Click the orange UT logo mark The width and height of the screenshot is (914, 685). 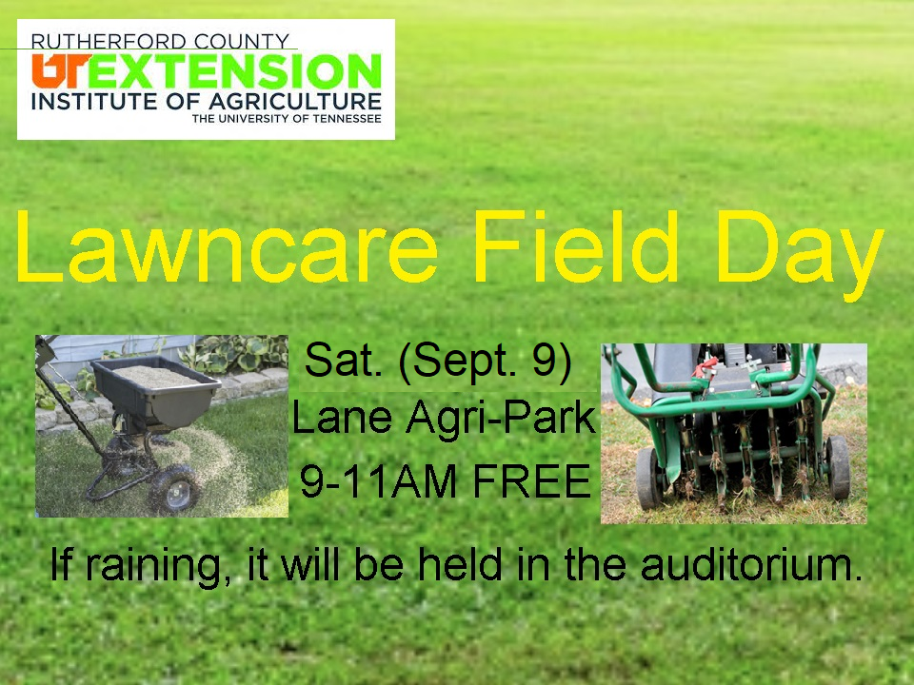(61, 69)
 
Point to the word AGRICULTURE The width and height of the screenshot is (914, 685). (295, 102)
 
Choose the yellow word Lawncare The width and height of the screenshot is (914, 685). (227, 246)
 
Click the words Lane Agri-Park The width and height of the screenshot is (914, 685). (444, 419)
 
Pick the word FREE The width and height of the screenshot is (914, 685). (531, 481)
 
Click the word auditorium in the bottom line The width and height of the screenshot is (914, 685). (751, 564)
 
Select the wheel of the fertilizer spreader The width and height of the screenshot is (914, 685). (174, 489)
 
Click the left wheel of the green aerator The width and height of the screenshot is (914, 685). (648, 479)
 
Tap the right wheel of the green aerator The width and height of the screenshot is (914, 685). (838, 467)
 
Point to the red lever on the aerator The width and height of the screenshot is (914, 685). (705, 367)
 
